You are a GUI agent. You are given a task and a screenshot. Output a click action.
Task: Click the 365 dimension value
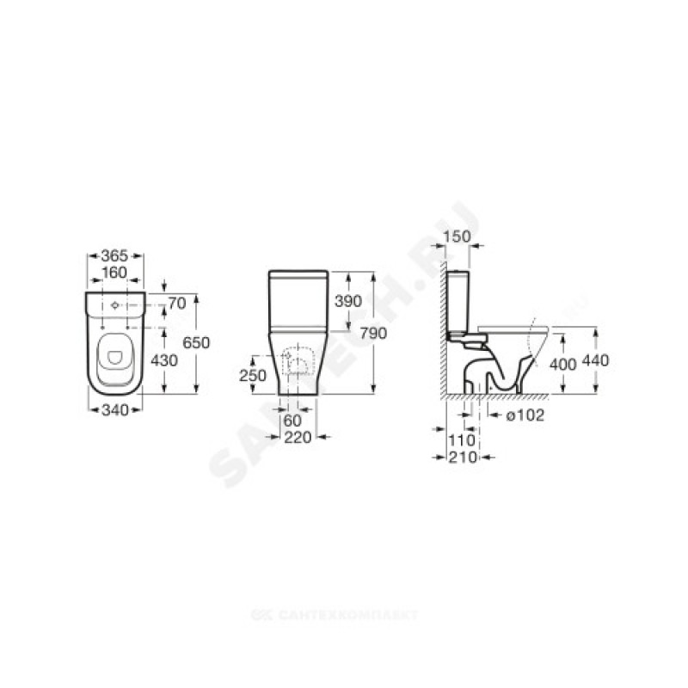(114, 255)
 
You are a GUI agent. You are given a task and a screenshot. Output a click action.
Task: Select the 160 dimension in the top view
(114, 273)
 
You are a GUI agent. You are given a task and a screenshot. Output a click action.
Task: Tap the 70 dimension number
(177, 304)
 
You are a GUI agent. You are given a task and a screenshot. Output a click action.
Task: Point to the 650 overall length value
(196, 342)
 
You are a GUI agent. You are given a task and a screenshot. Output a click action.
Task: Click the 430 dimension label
(164, 360)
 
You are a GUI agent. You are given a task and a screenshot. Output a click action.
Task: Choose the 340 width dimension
(115, 410)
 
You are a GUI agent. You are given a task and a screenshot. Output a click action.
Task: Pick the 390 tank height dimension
(348, 301)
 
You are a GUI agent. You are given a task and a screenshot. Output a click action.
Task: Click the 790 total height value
(373, 334)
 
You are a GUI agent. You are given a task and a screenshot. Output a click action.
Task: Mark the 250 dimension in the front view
(253, 376)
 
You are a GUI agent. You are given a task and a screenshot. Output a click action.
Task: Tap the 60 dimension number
(292, 421)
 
